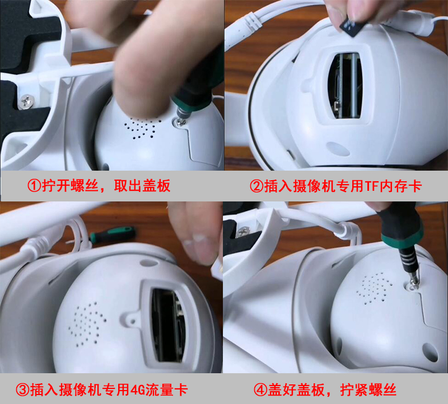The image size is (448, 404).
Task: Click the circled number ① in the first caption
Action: (x=34, y=186)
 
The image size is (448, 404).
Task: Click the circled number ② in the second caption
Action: (x=256, y=186)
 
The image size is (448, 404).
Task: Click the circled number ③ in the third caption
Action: (x=22, y=389)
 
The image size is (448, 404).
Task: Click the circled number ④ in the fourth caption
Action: (x=260, y=389)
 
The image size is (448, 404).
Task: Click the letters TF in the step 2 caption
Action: (x=371, y=186)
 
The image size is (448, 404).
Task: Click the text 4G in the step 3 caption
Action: (x=137, y=390)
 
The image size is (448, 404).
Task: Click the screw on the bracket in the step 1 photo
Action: (x=27, y=101)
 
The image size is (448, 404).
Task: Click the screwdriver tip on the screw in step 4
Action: (x=413, y=283)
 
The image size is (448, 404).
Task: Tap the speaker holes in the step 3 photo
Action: (x=87, y=324)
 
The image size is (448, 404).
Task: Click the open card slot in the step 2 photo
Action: (x=346, y=85)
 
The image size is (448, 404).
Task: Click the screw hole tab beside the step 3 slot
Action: (x=132, y=320)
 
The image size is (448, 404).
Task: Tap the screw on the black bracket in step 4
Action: (x=243, y=231)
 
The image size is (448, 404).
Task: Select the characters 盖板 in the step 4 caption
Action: (x=311, y=389)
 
